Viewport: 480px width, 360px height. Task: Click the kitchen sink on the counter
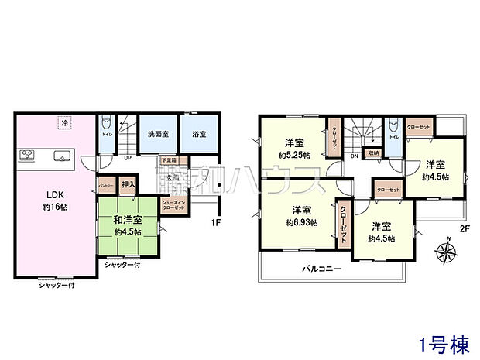[x=60, y=156]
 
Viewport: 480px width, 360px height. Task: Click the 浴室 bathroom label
[x=199, y=134]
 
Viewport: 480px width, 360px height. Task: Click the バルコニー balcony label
[x=317, y=268]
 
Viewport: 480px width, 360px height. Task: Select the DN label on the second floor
[x=354, y=157]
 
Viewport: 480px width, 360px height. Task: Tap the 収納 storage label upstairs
[x=372, y=153]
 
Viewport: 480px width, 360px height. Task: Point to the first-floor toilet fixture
[x=107, y=124]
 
